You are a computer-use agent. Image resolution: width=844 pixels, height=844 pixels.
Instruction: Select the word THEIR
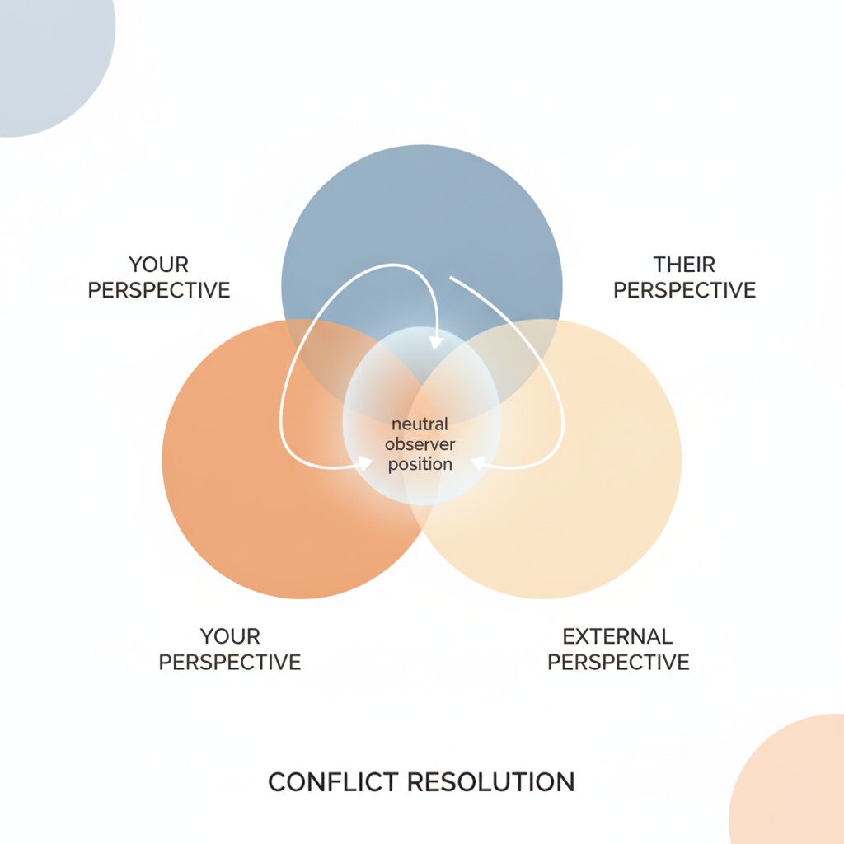[684, 265]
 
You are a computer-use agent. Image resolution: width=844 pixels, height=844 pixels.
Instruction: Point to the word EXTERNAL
[617, 637]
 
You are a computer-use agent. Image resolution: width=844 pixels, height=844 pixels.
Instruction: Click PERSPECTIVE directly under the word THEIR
[684, 290]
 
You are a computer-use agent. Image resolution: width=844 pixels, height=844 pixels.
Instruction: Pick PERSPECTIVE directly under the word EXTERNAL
[618, 662]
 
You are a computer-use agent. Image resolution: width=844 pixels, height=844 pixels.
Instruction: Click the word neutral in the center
[420, 424]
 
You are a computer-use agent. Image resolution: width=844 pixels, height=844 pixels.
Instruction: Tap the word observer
[420, 444]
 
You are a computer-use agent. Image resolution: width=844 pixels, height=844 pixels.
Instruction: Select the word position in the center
[420, 464]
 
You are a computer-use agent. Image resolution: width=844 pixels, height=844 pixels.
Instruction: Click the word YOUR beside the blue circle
[159, 265]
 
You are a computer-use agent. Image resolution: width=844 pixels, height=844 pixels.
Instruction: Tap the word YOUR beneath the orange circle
[230, 637]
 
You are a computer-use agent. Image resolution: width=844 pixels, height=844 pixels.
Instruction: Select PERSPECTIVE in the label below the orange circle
[230, 662]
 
